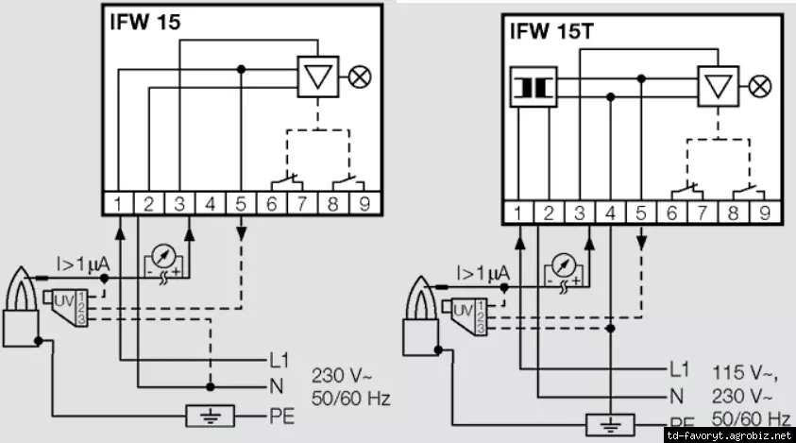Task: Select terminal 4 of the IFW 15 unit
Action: pyautogui.click(x=211, y=203)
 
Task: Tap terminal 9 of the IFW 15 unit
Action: pyautogui.click(x=364, y=203)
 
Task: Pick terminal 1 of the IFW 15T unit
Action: pyautogui.click(x=518, y=213)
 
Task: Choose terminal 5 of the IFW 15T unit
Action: pyautogui.click(x=642, y=213)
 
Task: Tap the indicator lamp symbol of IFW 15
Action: pyautogui.click(x=359, y=77)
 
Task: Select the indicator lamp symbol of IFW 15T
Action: pyautogui.click(x=760, y=87)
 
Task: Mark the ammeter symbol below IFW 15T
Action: pyautogui.click(x=564, y=264)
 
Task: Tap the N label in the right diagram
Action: pyautogui.click(x=676, y=394)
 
